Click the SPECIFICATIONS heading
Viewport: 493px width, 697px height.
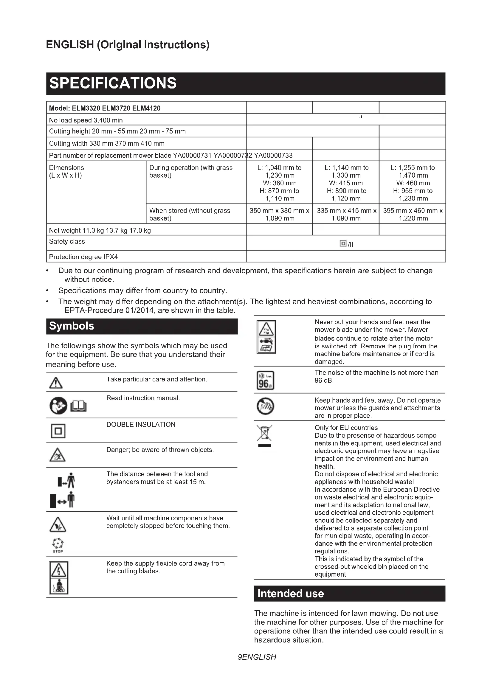tap(113, 83)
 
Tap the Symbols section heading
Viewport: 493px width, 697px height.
tap(72, 326)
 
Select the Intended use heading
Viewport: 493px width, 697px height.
tap(290, 594)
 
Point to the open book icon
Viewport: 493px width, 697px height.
tap(79, 406)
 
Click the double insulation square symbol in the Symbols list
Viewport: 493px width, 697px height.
tap(58, 431)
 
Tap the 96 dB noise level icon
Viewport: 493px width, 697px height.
tap(265, 380)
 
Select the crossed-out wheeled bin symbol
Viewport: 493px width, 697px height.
tap(264, 434)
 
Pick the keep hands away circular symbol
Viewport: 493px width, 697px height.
tap(265, 406)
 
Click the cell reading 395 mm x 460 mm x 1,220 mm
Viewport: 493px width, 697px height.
tap(413, 214)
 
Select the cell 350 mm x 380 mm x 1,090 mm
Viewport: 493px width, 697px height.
tap(279, 214)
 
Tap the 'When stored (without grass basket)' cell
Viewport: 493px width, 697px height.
tap(190, 214)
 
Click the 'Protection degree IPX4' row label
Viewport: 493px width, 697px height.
tap(83, 257)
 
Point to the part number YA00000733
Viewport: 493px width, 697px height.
tap(273, 156)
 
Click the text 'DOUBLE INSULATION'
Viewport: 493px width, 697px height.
tap(141, 424)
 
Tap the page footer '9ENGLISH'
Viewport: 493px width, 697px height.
tap(257, 657)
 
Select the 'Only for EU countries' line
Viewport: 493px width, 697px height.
tap(346, 428)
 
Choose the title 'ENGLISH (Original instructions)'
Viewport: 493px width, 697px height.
tap(128, 45)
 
